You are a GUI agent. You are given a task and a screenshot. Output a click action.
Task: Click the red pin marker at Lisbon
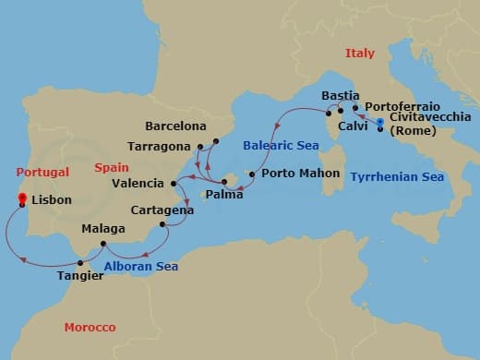[x=23, y=198]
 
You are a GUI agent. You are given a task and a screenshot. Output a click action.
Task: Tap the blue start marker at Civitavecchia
[x=380, y=122]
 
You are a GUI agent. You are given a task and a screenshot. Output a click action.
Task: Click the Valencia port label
[x=137, y=184]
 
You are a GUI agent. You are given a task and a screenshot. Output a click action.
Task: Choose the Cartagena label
[x=162, y=210]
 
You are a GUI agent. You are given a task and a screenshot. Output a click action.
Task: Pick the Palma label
[x=224, y=196]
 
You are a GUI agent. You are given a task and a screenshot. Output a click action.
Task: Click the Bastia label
[x=340, y=96]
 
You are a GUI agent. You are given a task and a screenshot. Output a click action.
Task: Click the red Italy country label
[x=360, y=54]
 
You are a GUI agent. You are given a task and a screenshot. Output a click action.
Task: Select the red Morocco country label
[x=90, y=328]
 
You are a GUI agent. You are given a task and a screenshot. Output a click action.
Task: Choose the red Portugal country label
[x=42, y=172]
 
